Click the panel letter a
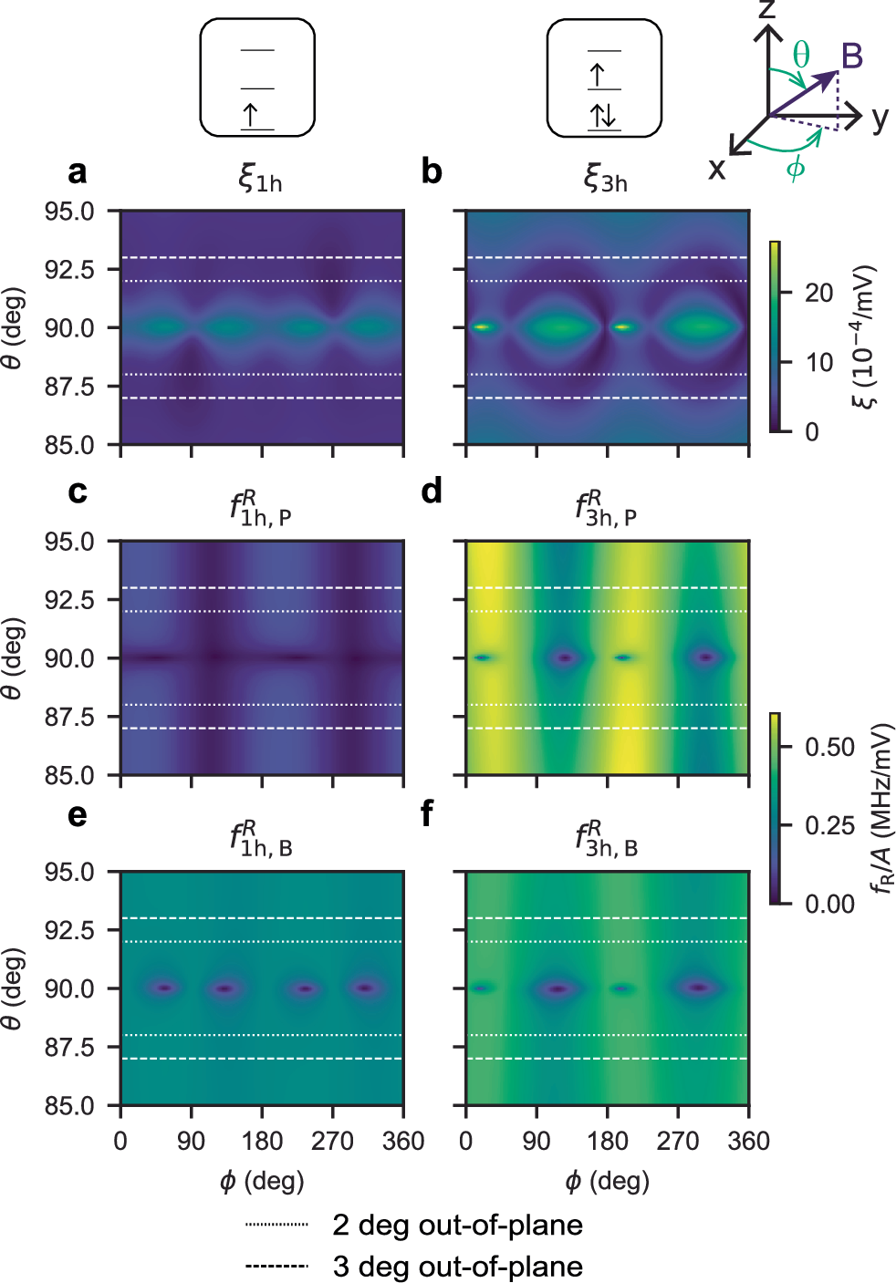coord(78,171)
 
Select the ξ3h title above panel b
coord(606,177)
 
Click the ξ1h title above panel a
coord(260,177)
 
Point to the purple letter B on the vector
coord(851,57)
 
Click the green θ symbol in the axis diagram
coord(800,55)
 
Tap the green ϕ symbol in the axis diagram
coord(796,168)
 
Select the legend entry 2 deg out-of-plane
coord(457,1225)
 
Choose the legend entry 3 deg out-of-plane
coord(457,1267)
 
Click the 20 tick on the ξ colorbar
coord(818,293)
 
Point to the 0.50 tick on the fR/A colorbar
coord(829,747)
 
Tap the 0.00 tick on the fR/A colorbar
coord(829,904)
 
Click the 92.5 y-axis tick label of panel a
coord(69,270)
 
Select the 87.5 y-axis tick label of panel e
coord(69,1047)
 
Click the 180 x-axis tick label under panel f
coord(608,1141)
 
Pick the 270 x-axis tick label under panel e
coord(332,1141)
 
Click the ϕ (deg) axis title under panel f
coord(607,1182)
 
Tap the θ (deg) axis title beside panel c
coord(12,658)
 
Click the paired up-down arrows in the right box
coord(603,116)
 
